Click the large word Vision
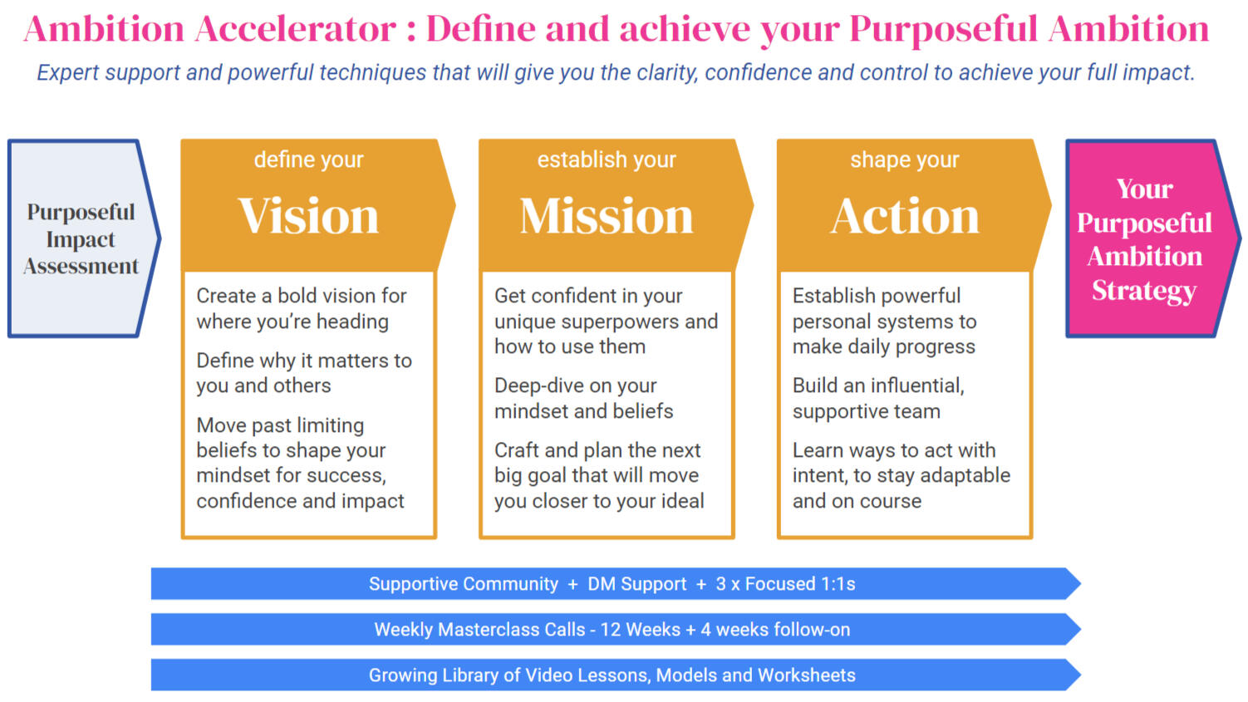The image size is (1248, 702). (308, 216)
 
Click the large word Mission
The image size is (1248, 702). (607, 216)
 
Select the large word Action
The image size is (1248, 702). (905, 216)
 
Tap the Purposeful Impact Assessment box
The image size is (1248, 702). (84, 238)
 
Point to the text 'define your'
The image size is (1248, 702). (308, 160)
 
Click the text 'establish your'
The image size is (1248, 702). (607, 160)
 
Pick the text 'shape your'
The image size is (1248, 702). (905, 160)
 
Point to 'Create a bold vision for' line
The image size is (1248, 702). (302, 296)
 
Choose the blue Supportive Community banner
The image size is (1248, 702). (616, 584)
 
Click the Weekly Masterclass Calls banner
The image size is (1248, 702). (616, 630)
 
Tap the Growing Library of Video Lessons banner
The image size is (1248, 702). (616, 675)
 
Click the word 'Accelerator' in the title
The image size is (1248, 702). (295, 29)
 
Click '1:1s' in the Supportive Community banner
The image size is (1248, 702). (838, 584)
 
